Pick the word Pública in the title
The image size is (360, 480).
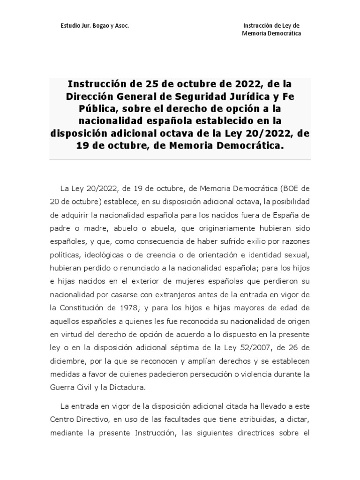click(x=86, y=109)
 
